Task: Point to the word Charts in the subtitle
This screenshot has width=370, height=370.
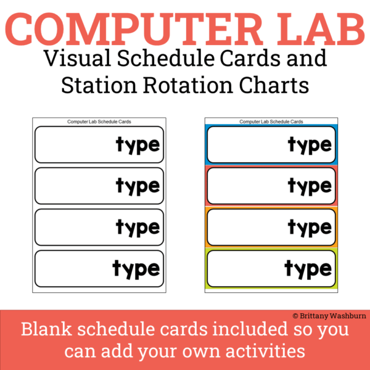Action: pos(276,85)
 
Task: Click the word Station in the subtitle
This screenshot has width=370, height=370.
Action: pos(99,85)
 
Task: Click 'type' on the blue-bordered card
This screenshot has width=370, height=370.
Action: pos(310,146)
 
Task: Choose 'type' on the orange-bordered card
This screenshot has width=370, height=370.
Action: pos(310,228)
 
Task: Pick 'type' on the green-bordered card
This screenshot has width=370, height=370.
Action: pos(308,269)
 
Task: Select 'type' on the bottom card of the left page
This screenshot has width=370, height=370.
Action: pos(136,269)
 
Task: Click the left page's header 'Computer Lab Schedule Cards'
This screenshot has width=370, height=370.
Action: pos(99,122)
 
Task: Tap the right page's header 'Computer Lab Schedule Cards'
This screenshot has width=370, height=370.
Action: pos(271,122)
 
